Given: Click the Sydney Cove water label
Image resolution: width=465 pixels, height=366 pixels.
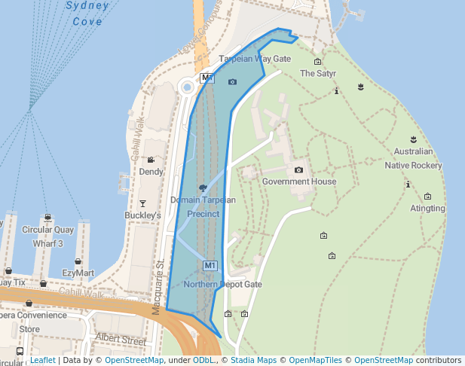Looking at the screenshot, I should tap(87, 14).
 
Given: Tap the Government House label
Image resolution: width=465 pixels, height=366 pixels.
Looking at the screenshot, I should tap(299, 181).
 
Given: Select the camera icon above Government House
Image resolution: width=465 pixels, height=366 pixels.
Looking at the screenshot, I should tap(299, 170).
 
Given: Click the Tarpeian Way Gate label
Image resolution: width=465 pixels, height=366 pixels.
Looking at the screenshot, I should tap(255, 59).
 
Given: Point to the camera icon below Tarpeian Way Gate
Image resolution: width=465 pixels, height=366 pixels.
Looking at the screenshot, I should tap(232, 81).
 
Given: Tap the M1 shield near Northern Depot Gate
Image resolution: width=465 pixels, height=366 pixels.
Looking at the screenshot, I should tap(210, 266).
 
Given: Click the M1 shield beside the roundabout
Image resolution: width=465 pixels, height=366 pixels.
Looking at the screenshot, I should tap(207, 78).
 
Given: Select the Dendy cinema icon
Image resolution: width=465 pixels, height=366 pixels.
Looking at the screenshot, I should tap(151, 160).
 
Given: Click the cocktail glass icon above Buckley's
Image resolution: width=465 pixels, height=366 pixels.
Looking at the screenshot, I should tap(143, 203).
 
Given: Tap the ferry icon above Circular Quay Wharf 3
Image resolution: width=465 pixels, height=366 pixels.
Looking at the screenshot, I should tap(47, 218).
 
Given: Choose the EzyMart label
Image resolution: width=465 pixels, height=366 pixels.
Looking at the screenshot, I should tap(78, 273).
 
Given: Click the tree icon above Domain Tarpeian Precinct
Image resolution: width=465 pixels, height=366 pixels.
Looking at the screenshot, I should tap(203, 188).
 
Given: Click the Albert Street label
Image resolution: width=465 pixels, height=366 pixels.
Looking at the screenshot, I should tap(121, 340).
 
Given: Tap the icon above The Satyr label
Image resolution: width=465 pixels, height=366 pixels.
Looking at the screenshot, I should tap(317, 62).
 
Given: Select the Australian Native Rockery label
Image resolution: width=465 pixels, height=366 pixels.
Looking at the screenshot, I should tap(413, 158).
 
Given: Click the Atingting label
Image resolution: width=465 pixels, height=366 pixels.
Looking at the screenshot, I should tap(427, 209).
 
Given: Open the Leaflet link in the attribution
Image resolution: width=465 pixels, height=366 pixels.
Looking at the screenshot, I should tap(43, 360).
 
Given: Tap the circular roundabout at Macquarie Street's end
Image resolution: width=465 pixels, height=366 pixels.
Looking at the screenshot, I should tap(187, 88).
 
